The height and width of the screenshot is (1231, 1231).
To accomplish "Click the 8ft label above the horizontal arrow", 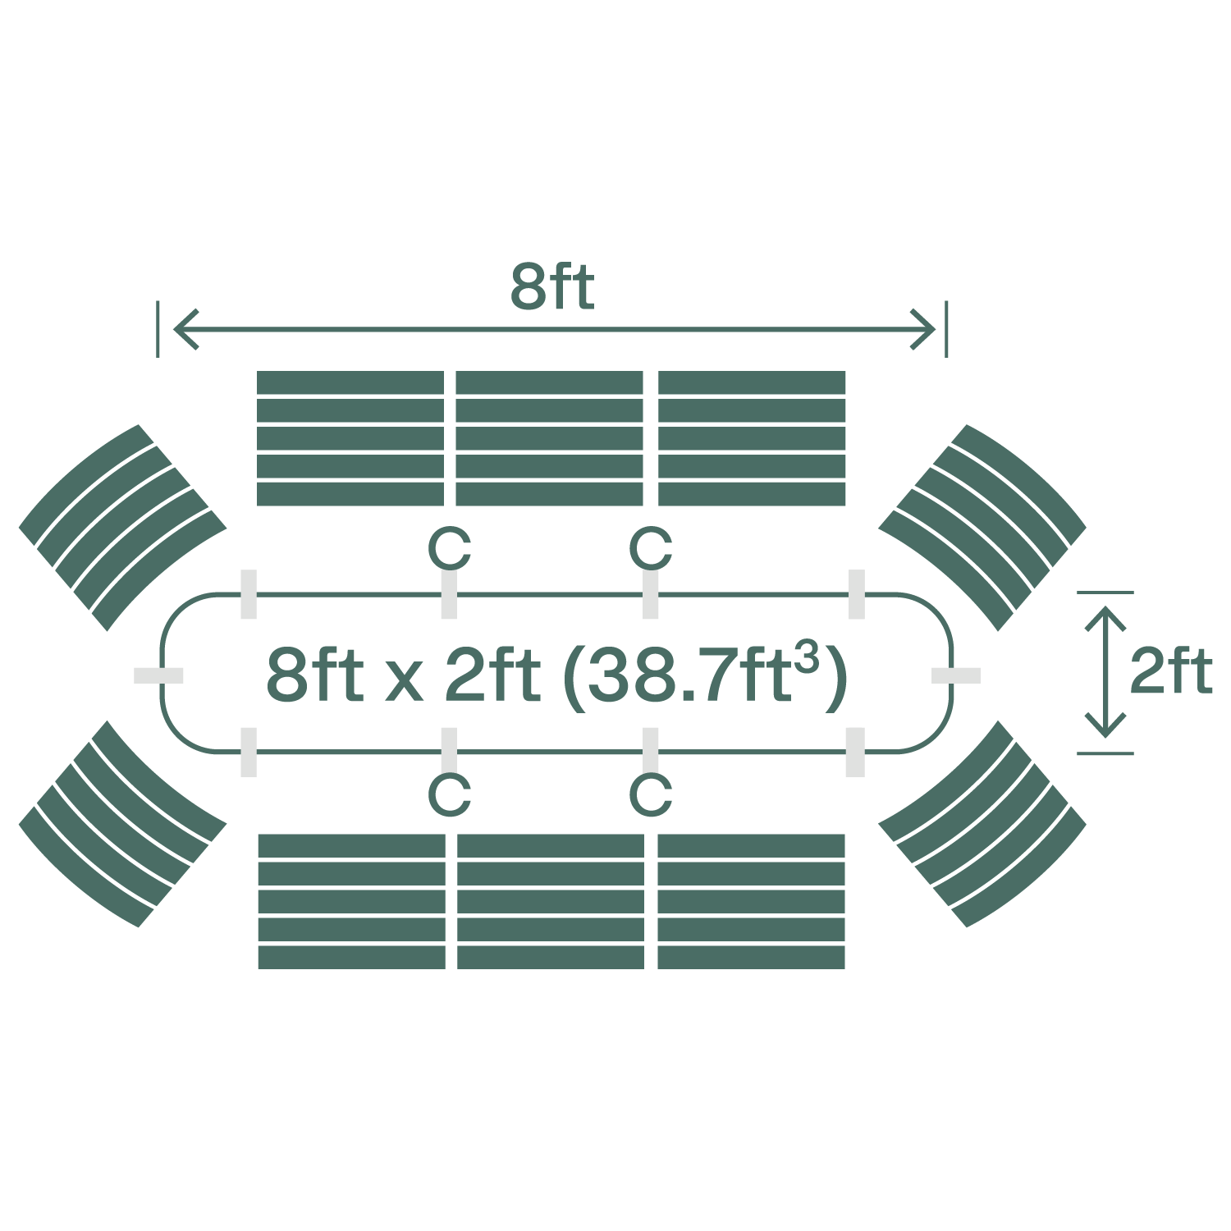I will (551, 287).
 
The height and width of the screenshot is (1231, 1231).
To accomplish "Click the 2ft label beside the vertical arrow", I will (1170, 672).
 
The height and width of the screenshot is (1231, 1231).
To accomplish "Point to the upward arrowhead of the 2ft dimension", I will (1105, 615).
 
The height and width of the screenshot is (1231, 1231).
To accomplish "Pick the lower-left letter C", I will (450, 794).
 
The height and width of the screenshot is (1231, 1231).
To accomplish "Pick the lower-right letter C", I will (651, 794).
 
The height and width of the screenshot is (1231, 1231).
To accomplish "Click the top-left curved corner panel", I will (122, 527).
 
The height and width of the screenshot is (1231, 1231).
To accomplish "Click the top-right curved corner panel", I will (982, 527).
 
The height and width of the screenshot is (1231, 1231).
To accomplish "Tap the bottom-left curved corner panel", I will (122, 824).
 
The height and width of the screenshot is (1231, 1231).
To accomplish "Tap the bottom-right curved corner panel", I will (982, 824).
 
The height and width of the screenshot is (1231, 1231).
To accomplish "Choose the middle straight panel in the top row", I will (549, 438).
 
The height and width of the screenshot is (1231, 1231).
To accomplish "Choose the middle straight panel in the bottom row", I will (550, 901).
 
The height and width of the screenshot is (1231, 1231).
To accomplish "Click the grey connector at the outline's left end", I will (158, 675).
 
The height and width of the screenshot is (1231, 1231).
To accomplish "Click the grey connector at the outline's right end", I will (956, 675).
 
